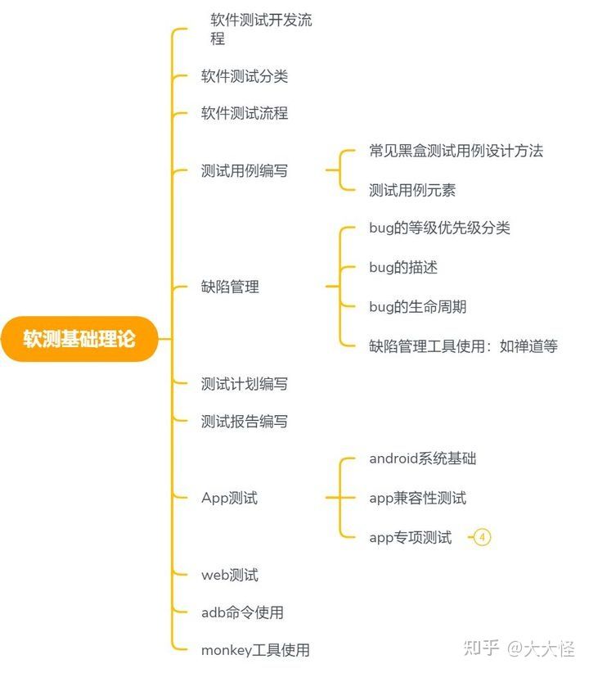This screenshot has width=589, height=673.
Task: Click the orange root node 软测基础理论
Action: pos(79,339)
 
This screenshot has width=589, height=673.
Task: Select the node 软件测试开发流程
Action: pos(260,29)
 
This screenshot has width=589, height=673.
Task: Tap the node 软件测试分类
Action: pos(244,76)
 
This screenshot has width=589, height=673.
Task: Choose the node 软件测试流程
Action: pos(244,113)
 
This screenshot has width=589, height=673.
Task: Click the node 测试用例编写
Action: pos(244,171)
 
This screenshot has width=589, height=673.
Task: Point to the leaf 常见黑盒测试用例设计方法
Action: pos(456,151)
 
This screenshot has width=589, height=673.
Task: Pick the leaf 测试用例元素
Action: pos(411,190)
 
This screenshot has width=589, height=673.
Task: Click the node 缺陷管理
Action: pos(230,287)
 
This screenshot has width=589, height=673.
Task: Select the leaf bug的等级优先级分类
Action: pos(439,228)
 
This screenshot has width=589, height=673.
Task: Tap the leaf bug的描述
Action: pos(404,267)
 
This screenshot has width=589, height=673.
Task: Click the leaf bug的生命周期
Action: pos(417,306)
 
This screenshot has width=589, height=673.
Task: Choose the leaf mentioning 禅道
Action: pos(463,346)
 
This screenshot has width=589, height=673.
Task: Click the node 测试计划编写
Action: pos(244,383)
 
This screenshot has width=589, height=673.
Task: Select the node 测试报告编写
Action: pos(244,422)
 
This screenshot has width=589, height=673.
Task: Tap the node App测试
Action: pos(229,498)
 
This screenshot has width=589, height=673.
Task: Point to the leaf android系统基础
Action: pos(422,458)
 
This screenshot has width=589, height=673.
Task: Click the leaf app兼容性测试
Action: pos(417,498)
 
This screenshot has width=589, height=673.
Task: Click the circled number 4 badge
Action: pos(482,537)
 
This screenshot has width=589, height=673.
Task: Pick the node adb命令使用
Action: pos(242,612)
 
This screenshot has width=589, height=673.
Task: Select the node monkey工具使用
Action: pos(255,651)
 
